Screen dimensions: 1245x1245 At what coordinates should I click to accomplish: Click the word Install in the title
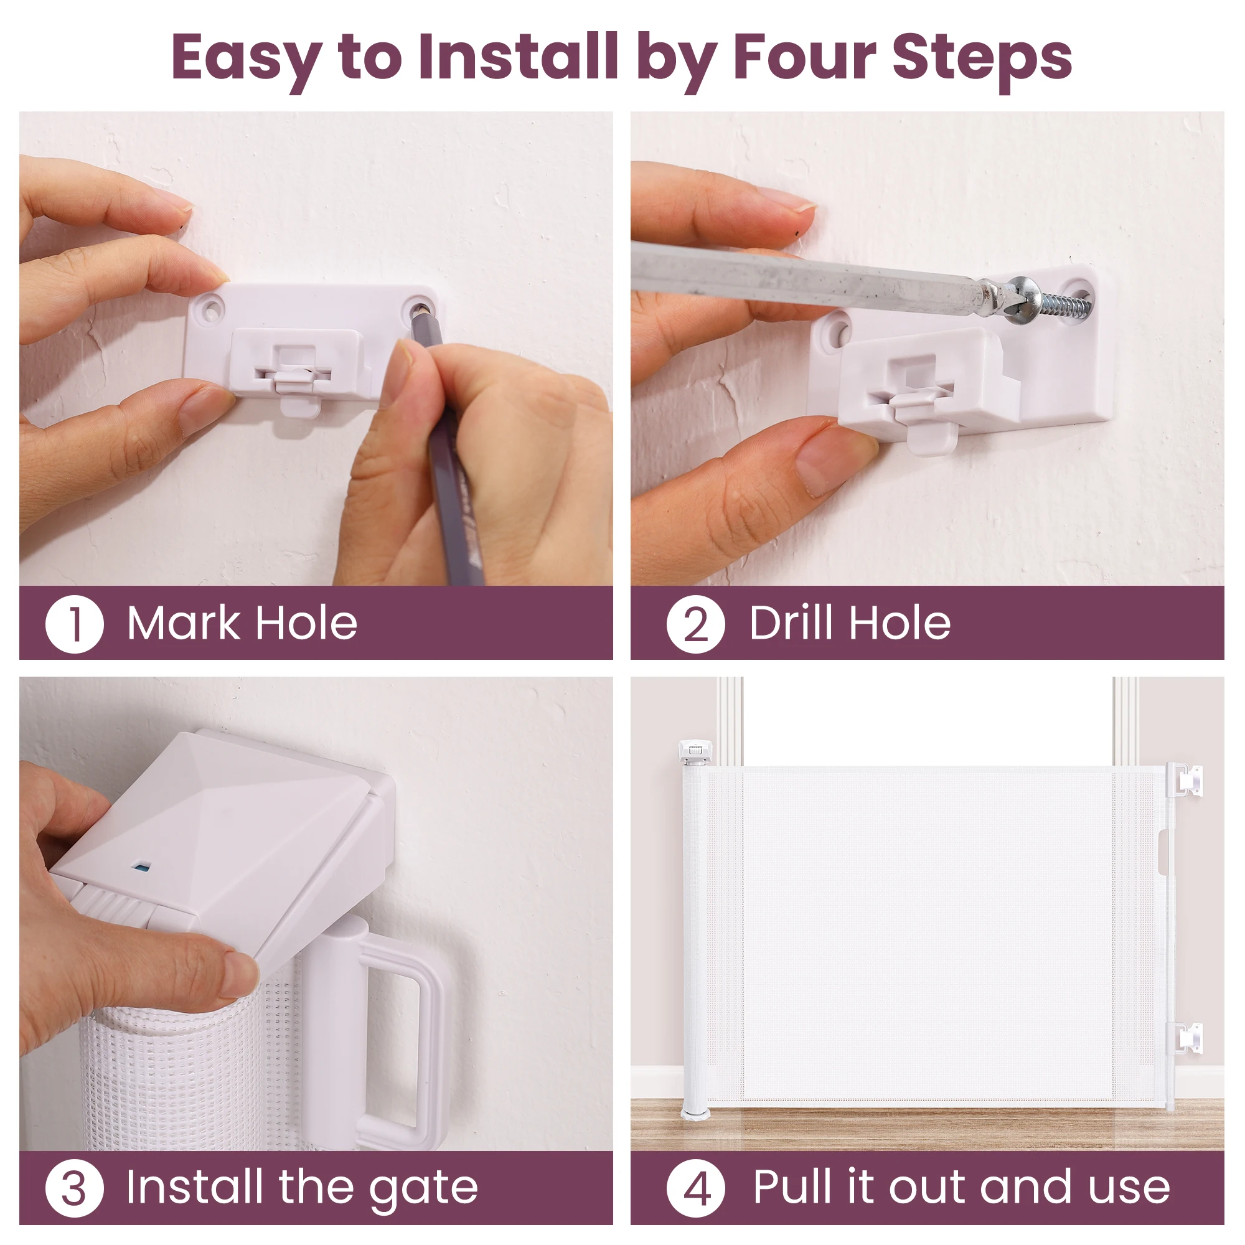518,57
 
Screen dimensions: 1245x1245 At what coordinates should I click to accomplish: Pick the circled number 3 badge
74,1188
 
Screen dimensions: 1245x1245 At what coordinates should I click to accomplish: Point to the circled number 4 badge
695,1188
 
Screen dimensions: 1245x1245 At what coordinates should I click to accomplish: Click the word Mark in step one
184,623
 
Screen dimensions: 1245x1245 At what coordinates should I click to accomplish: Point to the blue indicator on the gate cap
138,866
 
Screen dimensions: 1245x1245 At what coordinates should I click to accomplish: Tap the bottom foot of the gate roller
695,1112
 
